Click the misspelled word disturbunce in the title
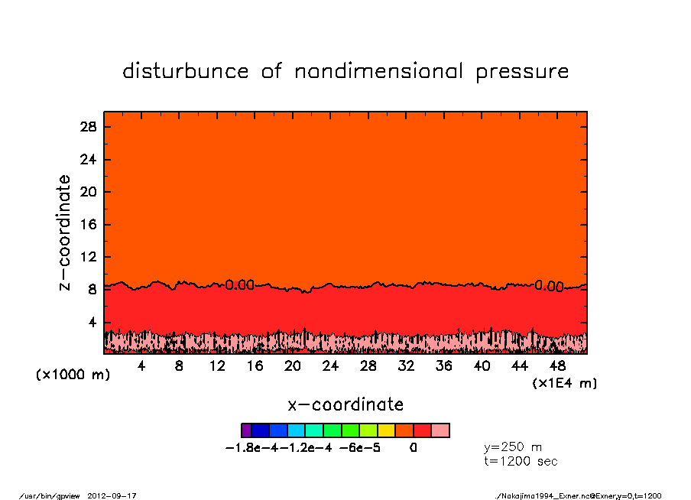pyautogui.click(x=185, y=72)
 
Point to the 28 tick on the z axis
pyautogui.click(x=87, y=127)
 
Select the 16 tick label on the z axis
pyautogui.click(x=87, y=225)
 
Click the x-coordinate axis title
pyautogui.click(x=345, y=404)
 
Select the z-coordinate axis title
pyautogui.click(x=65, y=232)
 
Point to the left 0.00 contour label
pyautogui.click(x=239, y=285)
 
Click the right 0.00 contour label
pyautogui.click(x=549, y=286)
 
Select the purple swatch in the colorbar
pyautogui.click(x=246, y=430)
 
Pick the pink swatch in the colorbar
pyautogui.click(x=440, y=430)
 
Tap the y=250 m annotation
pyautogui.click(x=513, y=447)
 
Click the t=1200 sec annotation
pyautogui.click(x=521, y=462)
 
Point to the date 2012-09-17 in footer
pyautogui.click(x=118, y=495)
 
